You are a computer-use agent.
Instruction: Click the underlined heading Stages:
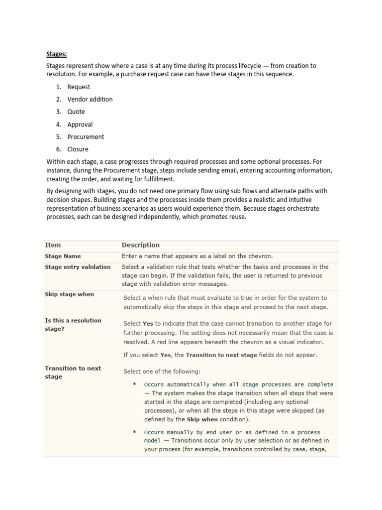click(x=56, y=53)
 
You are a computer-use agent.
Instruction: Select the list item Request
click(x=79, y=87)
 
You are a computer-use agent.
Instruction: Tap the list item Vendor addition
click(x=90, y=99)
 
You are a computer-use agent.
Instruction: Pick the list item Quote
click(x=76, y=112)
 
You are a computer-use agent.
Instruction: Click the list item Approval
click(x=80, y=125)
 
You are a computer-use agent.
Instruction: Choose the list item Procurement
click(x=86, y=136)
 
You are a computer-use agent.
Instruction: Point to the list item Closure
click(x=78, y=149)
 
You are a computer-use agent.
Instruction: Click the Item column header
click(x=53, y=245)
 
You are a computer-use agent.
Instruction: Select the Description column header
click(x=141, y=245)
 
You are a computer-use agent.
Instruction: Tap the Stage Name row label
click(x=63, y=256)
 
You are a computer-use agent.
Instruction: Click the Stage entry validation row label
click(x=78, y=267)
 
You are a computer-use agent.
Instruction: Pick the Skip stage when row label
click(x=69, y=294)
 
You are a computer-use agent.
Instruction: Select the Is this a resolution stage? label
click(x=73, y=324)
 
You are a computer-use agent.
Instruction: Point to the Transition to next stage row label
click(x=73, y=372)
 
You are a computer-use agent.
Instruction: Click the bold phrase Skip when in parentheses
click(x=201, y=419)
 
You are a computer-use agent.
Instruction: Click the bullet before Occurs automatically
click(x=134, y=384)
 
